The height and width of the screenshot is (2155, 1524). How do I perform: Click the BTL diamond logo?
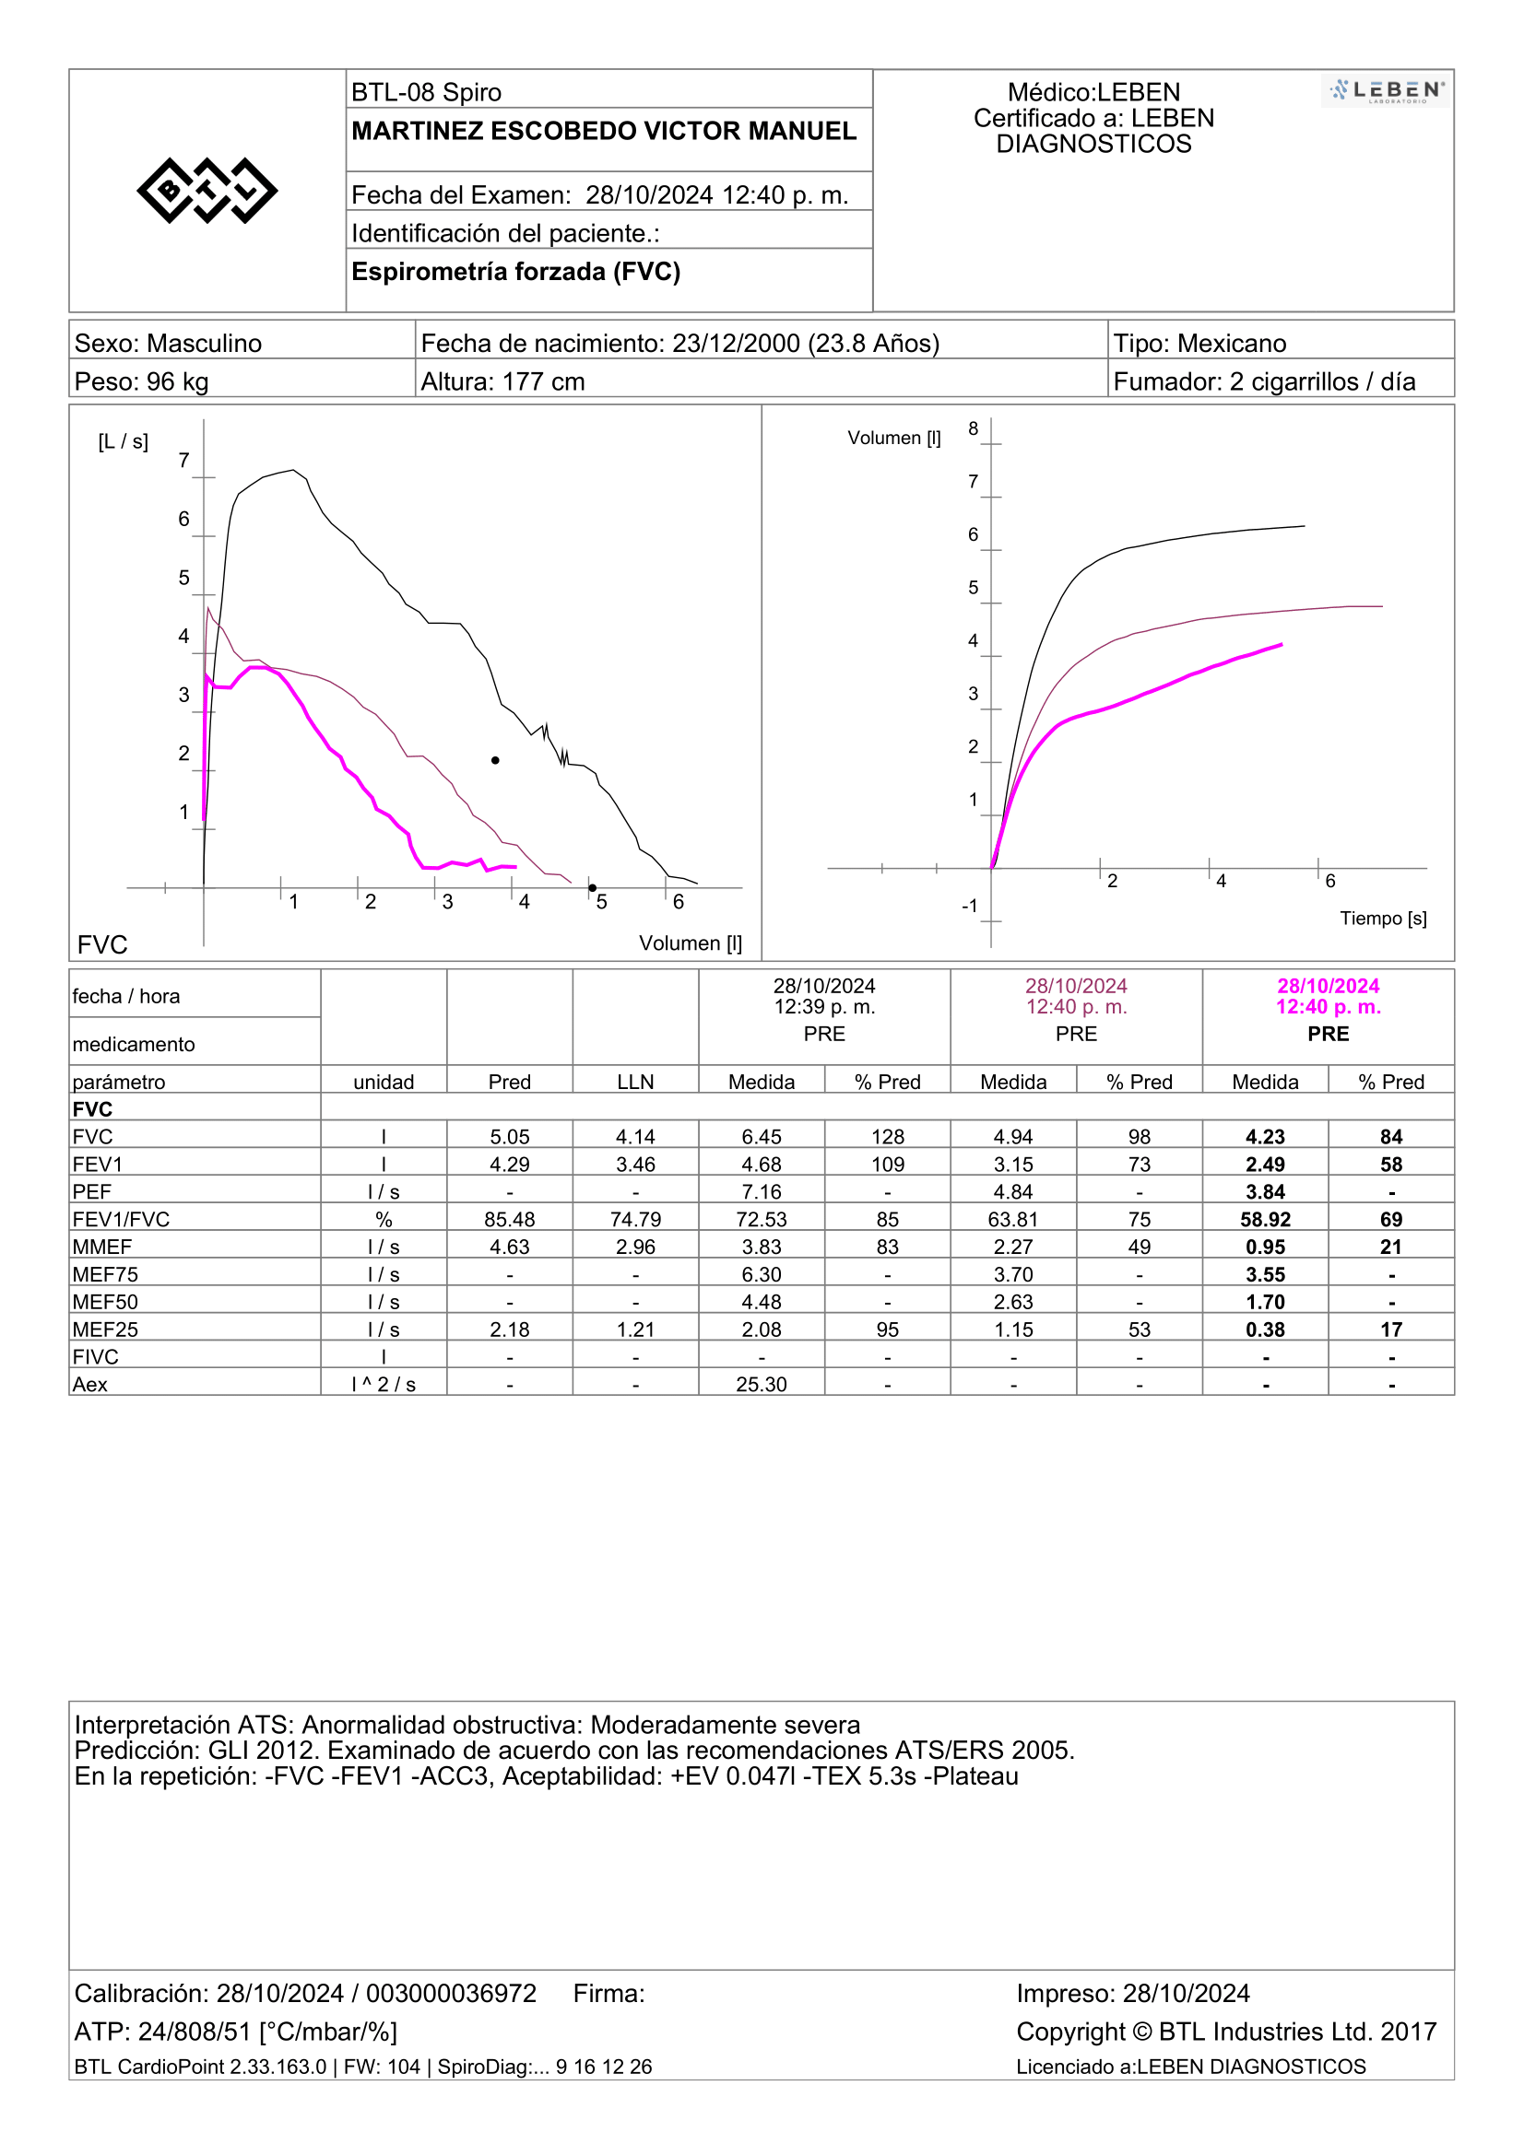(207, 191)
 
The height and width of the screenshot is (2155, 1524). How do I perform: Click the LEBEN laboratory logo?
(1386, 91)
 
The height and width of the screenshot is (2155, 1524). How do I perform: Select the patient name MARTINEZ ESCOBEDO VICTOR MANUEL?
(604, 131)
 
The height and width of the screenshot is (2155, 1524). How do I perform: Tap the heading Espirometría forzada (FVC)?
(515, 271)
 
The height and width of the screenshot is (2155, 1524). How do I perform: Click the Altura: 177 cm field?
(502, 382)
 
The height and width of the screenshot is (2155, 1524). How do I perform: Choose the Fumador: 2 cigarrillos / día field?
(1264, 382)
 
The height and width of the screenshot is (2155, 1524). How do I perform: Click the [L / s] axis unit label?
(123, 441)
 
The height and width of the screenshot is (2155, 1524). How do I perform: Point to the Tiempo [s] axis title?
(1382, 918)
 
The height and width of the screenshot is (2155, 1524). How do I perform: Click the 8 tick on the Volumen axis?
(973, 429)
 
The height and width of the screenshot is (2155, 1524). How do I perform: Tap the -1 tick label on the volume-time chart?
(970, 906)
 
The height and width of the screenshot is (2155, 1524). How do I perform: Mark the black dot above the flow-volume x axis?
(495, 760)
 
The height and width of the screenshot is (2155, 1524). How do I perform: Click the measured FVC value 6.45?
(762, 1137)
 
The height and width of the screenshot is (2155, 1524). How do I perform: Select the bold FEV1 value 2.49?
(1265, 1164)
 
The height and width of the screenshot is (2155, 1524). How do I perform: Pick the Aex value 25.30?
(762, 1385)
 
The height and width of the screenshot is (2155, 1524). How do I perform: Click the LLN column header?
(636, 1083)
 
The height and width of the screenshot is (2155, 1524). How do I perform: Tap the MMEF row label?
(102, 1247)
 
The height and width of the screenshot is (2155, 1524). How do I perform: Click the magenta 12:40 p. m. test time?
(1328, 1007)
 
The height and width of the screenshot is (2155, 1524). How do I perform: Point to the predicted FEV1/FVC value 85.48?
(510, 1219)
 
